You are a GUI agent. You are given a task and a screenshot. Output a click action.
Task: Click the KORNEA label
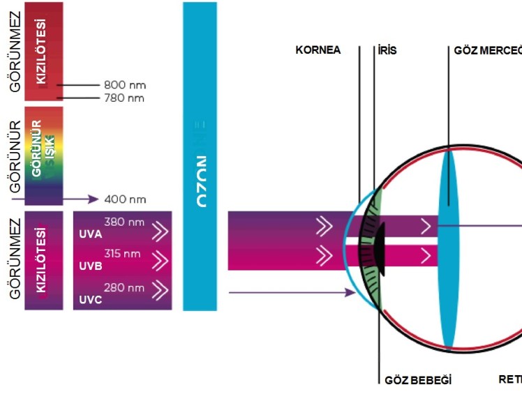(x=318, y=50)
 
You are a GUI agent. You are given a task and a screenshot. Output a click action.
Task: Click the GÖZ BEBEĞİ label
(x=418, y=381)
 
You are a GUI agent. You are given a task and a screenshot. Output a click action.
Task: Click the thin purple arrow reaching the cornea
(x=293, y=293)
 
